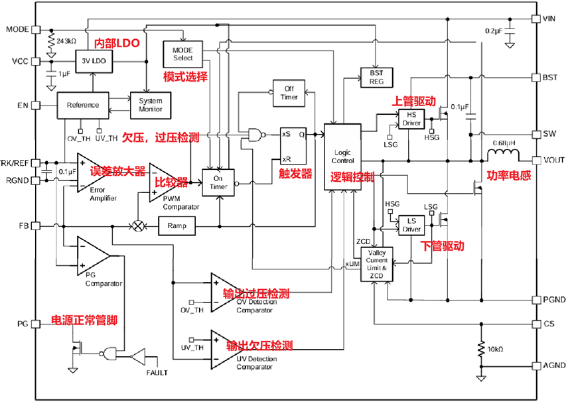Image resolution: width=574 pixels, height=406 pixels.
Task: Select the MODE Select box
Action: coord(182,53)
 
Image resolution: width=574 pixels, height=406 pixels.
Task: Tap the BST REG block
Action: coord(376,77)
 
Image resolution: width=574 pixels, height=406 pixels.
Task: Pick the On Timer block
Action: coord(218,182)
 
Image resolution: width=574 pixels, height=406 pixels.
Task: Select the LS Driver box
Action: coord(411,226)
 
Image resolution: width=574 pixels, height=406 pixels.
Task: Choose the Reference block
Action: coord(83,105)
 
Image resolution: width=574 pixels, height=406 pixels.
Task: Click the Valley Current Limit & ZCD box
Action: coord(377,263)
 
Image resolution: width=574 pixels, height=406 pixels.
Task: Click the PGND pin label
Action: coord(554,300)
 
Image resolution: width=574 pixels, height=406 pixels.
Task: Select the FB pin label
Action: coord(23,226)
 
